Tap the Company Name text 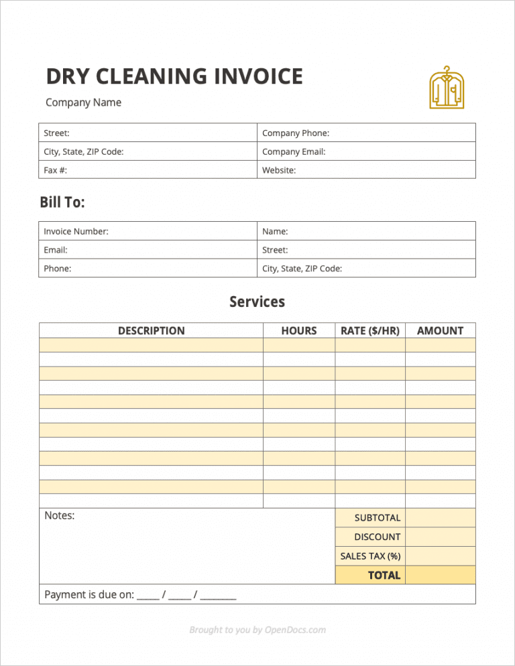(83, 103)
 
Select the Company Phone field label (296, 133)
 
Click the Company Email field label (294, 151)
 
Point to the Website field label (279, 170)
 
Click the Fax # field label (56, 170)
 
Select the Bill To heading (62, 202)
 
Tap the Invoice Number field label (76, 231)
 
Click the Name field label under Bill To (275, 231)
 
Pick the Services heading (257, 302)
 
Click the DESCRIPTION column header (151, 330)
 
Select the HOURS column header (299, 330)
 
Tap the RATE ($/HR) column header (370, 330)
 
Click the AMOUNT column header (440, 330)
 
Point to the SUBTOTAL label (378, 518)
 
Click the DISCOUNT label (378, 537)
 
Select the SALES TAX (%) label (370, 556)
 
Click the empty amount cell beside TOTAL (441, 575)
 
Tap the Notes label (59, 515)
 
